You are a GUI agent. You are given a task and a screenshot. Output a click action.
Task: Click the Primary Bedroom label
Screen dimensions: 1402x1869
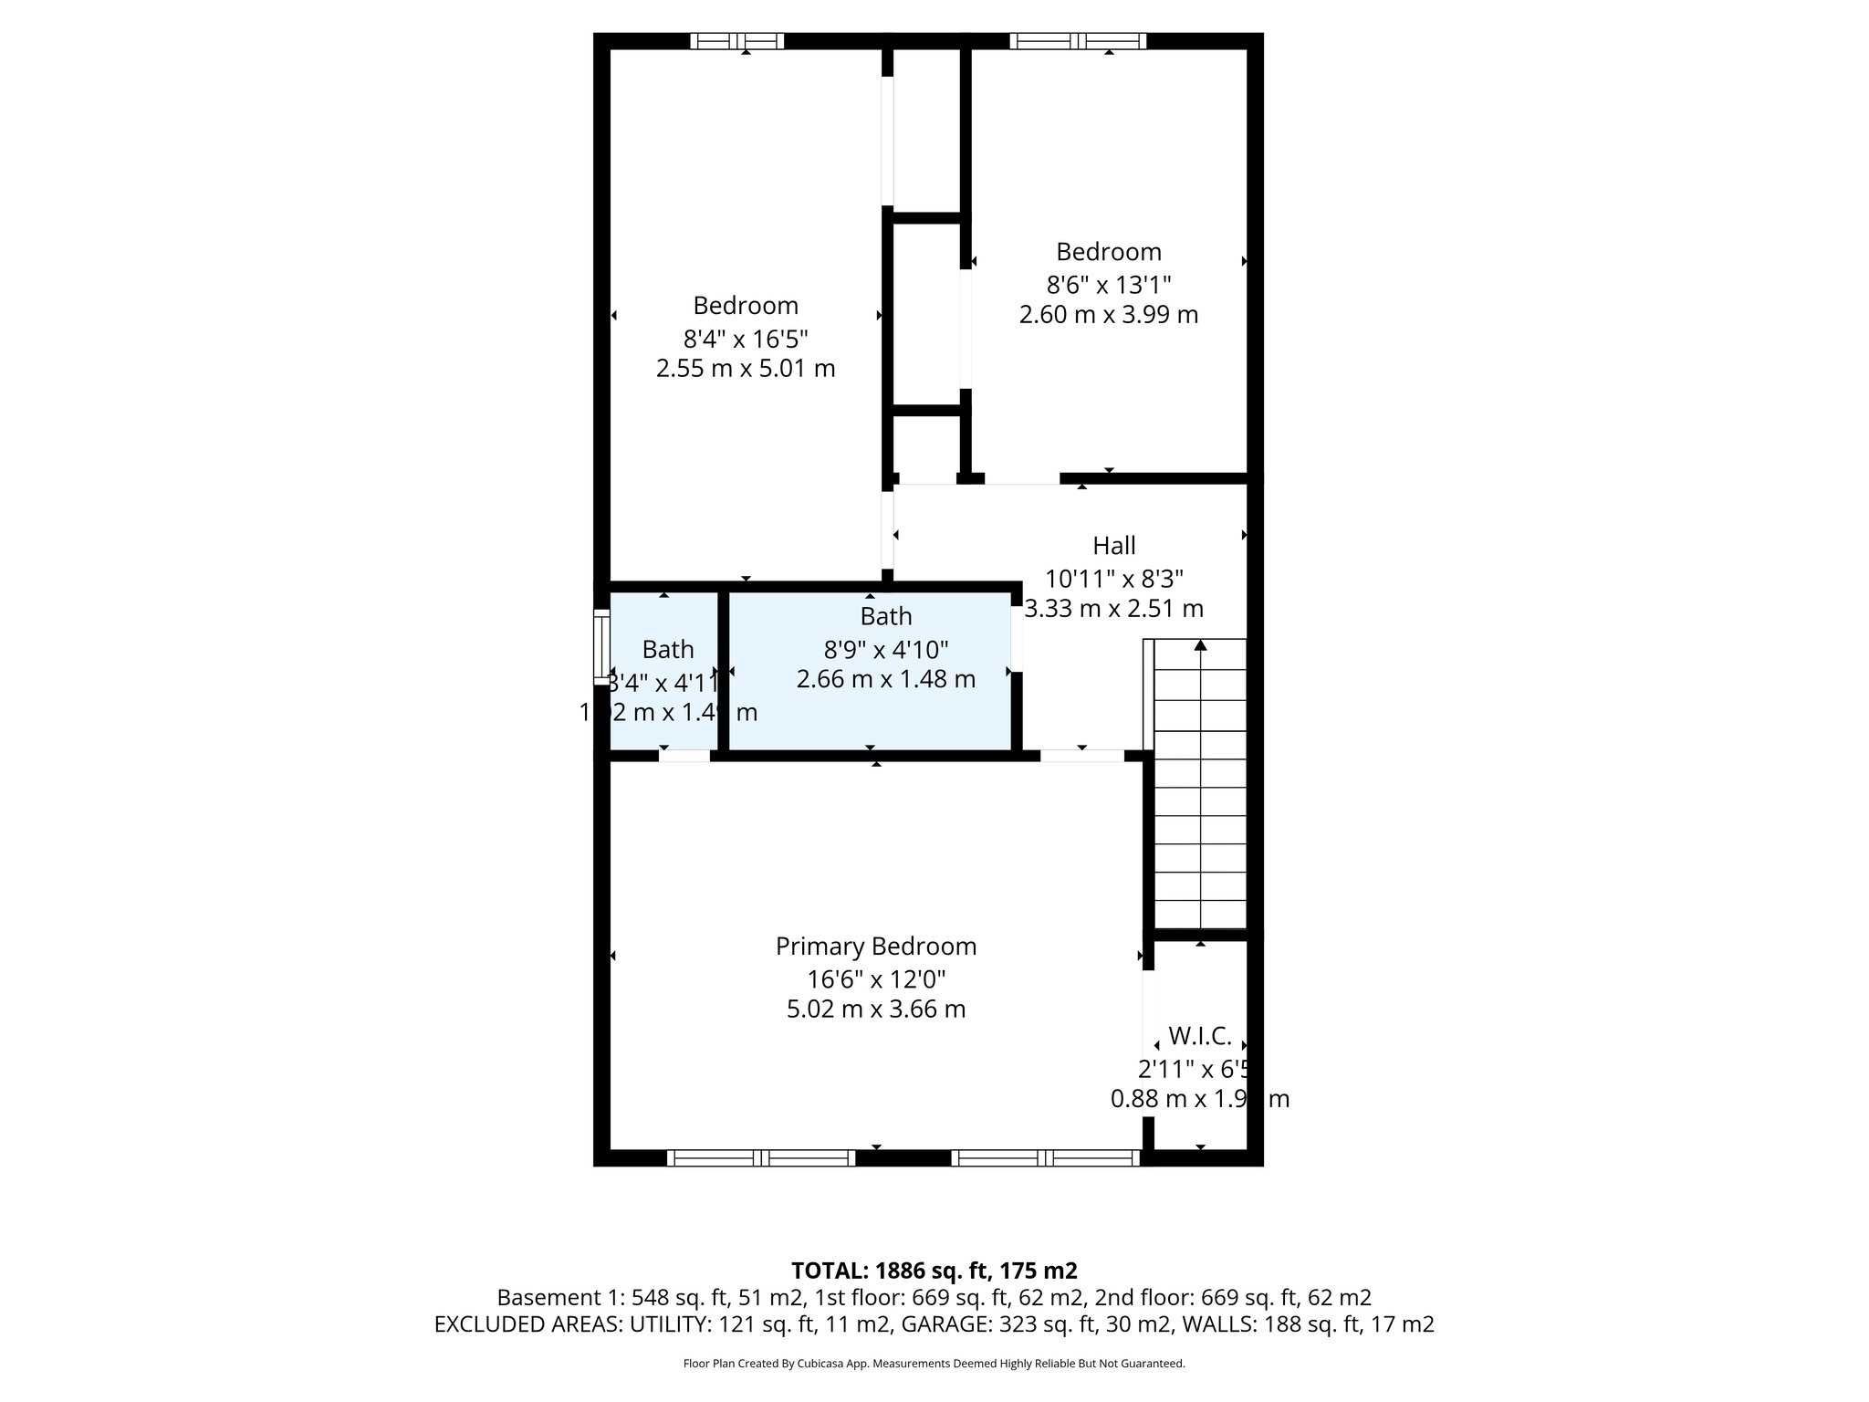(875, 947)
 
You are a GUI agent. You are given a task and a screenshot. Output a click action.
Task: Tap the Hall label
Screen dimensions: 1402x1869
(1113, 546)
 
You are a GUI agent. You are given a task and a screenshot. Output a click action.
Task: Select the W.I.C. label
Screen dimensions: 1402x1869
(1199, 1036)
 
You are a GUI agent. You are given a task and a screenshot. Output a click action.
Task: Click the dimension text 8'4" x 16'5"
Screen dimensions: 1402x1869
(746, 340)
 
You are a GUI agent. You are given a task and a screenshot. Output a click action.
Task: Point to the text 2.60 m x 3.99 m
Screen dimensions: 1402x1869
(1108, 315)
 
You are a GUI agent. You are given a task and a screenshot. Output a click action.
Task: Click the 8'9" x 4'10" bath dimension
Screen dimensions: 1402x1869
(885, 650)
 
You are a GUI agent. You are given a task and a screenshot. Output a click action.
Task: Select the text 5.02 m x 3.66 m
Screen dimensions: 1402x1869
(875, 1009)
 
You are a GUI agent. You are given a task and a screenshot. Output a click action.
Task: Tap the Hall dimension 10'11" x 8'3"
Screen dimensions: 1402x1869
(1113, 579)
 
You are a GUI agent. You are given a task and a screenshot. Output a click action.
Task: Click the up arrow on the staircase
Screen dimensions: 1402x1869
(1200, 646)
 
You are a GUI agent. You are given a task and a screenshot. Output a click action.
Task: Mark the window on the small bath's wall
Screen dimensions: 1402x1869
(600, 646)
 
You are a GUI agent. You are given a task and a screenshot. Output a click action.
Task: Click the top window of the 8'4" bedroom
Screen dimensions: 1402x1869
(736, 40)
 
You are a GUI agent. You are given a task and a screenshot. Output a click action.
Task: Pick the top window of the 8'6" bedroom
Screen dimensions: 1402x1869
(1078, 40)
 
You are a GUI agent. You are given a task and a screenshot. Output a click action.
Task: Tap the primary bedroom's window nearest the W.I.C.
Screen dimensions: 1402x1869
(1045, 1158)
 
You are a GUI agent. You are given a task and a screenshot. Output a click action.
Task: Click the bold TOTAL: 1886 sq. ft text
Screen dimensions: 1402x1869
(934, 1271)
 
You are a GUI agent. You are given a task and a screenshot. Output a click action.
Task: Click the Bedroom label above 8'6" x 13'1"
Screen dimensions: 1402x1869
(1108, 252)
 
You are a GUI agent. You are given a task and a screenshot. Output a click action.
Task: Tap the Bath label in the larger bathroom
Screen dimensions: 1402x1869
(885, 616)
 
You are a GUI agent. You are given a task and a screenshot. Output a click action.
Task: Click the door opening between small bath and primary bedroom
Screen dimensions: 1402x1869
(684, 756)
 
